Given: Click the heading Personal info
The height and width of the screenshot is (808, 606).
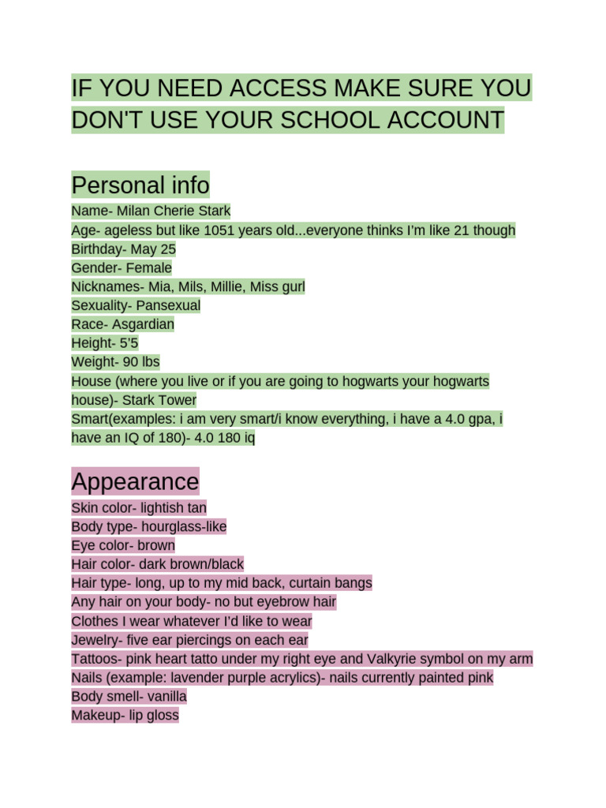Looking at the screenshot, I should [140, 185].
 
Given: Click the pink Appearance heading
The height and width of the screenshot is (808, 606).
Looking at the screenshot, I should [135, 481].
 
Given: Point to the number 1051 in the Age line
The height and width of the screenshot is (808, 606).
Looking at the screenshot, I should [221, 230].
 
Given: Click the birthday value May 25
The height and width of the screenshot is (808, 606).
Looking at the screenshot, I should [153, 249].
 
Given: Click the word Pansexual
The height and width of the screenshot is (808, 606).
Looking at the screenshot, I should [168, 305].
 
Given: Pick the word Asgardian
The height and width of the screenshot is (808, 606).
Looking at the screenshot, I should [143, 324].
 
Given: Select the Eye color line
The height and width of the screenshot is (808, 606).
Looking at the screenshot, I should [123, 545].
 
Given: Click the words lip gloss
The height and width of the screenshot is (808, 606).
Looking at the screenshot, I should [157, 716].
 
